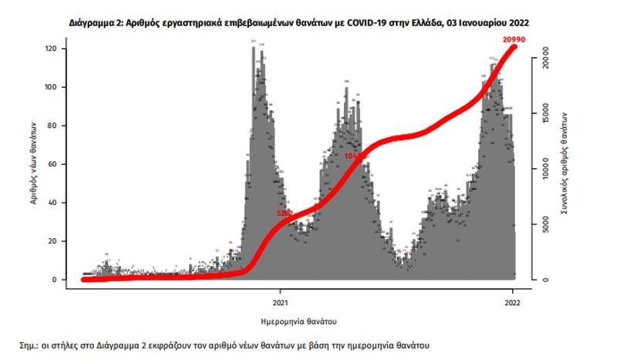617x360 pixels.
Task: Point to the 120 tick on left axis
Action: pos(52,49)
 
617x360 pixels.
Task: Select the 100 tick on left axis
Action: pos(52,87)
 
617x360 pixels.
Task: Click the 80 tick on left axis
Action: pos(55,126)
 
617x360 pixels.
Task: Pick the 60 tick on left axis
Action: pos(55,164)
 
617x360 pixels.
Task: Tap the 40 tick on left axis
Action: pos(55,203)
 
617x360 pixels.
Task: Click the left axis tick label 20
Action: pos(55,241)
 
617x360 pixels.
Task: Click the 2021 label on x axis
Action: pos(280,302)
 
